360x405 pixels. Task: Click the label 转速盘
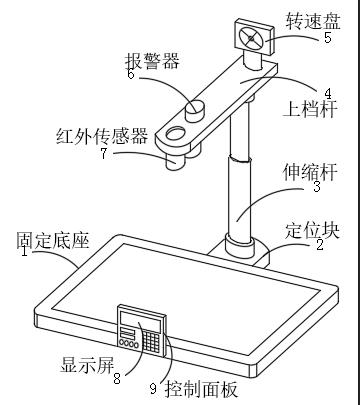click(313, 21)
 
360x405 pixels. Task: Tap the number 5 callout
click(328, 37)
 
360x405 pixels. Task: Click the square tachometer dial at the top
click(255, 37)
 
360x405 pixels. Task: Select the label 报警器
click(152, 61)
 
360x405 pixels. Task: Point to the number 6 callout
click(131, 73)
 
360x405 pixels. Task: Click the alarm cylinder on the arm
click(195, 111)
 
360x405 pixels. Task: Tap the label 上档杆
click(310, 109)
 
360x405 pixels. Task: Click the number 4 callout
click(328, 94)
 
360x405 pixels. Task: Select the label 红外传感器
click(102, 136)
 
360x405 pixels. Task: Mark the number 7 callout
click(104, 153)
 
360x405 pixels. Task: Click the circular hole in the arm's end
click(176, 133)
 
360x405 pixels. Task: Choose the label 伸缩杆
click(310, 172)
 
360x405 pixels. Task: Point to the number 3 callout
click(317, 186)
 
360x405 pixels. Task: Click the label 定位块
click(312, 231)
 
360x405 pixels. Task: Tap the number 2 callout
click(320, 245)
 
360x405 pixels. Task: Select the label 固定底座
click(53, 240)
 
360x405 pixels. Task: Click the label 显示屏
click(87, 365)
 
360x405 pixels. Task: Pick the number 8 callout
click(117, 378)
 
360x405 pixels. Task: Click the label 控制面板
click(201, 389)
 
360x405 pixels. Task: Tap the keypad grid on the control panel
click(152, 341)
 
